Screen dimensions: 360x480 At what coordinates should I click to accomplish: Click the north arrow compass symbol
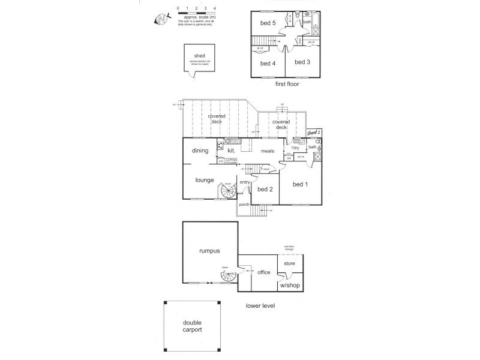pos(161,19)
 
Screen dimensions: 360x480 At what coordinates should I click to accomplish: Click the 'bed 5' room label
pos(268,23)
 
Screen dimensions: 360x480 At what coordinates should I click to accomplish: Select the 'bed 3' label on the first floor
pos(302,62)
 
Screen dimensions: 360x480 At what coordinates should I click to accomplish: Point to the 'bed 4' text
pos(268,63)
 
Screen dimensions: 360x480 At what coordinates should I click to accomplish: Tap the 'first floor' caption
pos(286,85)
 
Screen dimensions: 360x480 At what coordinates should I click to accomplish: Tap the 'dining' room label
pos(200,151)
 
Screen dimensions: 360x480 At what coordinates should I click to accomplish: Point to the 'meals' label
pos(267,151)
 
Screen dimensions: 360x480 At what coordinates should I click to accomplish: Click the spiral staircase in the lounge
pos(228,192)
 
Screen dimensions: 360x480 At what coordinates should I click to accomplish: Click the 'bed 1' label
pos(300,184)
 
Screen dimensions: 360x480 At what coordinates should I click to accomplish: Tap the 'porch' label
pos(244,205)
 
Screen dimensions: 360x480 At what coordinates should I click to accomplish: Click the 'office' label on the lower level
pos(264,272)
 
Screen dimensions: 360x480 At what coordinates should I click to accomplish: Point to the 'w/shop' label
pos(290,285)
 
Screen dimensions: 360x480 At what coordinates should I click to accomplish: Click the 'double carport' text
pos(193,326)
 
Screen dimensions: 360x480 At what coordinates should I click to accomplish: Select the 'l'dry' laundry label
pos(295,147)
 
